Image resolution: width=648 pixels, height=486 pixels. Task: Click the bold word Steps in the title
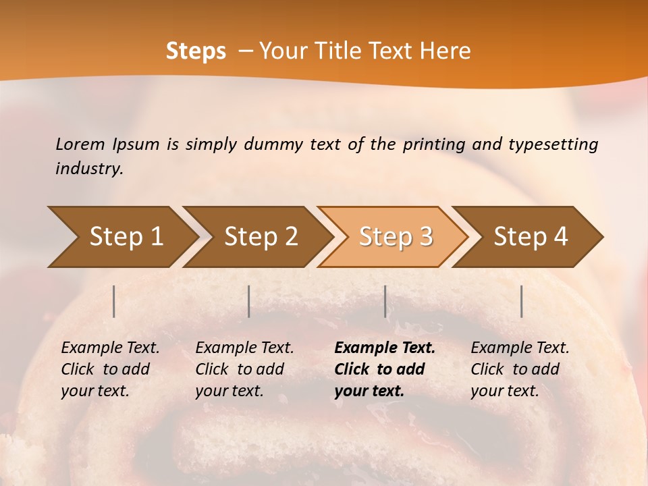coord(196,51)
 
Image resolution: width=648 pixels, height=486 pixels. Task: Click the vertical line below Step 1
coord(114,301)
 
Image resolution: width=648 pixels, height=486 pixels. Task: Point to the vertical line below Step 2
coord(249,301)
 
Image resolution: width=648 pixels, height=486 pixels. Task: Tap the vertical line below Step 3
coord(385,301)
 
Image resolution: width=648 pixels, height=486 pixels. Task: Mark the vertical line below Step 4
coord(522,301)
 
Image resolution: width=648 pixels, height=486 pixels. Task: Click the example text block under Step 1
coord(110,369)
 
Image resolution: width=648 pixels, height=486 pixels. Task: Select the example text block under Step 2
coord(244,369)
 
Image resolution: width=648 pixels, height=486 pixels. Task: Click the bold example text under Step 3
coord(385,369)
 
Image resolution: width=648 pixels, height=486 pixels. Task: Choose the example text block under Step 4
coord(520,369)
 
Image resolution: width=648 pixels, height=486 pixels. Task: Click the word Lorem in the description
coord(80,144)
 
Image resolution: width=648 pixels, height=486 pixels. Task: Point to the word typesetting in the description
coord(553,144)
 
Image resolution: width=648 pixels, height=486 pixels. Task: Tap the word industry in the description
coord(89,169)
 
